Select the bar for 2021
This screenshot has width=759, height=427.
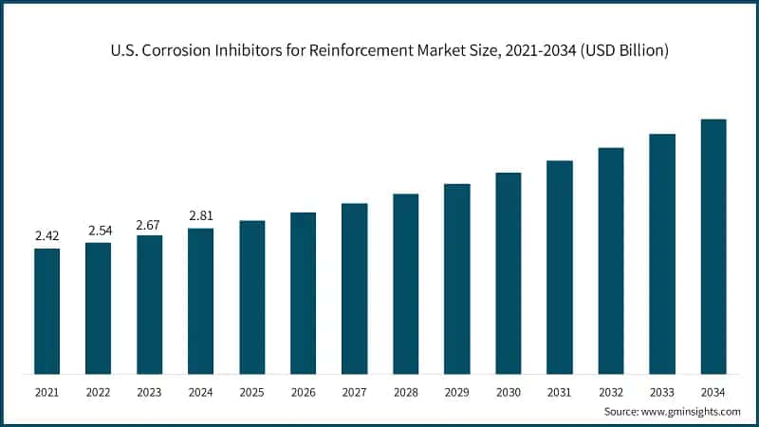click(x=46, y=310)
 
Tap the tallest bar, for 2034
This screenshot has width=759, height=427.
click(x=713, y=246)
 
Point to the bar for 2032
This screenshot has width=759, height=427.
click(x=610, y=260)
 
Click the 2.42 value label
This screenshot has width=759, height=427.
click(x=46, y=235)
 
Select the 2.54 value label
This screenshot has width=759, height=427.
click(x=98, y=230)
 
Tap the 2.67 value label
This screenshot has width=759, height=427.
click(x=149, y=222)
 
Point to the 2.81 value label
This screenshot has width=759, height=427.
click(x=200, y=215)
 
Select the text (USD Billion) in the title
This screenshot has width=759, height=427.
click(x=623, y=50)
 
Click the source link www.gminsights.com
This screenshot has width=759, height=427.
click(x=692, y=412)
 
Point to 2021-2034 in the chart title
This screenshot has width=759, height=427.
click(x=535, y=50)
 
